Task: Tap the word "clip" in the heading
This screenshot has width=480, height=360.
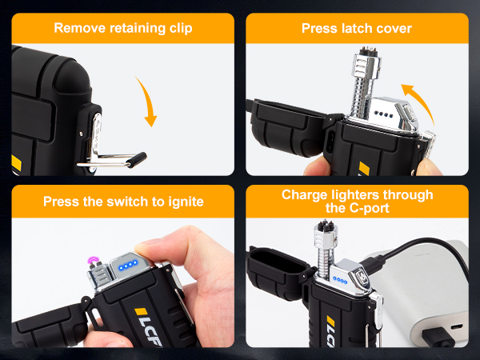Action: pyautogui.click(x=181, y=29)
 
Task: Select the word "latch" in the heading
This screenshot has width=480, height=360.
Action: pyautogui.click(x=357, y=29)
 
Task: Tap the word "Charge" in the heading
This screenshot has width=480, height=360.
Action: pyautogui.click(x=305, y=195)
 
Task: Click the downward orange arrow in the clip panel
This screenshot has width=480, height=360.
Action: pyautogui.click(x=148, y=101)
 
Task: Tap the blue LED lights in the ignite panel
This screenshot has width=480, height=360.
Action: pyautogui.click(x=128, y=266)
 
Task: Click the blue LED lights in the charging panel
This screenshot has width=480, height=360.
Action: pyautogui.click(x=340, y=280)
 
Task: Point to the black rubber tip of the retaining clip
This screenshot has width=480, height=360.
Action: pyautogui.click(x=137, y=159)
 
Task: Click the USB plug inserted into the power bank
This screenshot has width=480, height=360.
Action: pyautogui.click(x=438, y=337)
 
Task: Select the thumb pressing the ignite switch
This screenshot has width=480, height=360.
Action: pyautogui.click(x=159, y=249)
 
